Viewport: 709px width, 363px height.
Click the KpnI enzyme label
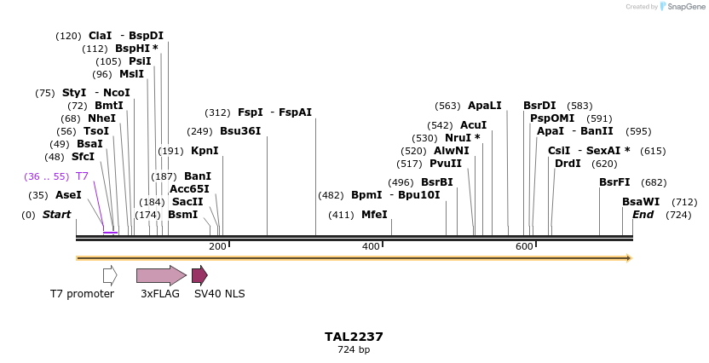tap(205, 151)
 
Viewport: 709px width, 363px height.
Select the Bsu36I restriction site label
tap(240, 131)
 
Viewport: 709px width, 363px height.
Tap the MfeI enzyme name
tap(374, 215)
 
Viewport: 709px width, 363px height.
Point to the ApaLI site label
tap(485, 106)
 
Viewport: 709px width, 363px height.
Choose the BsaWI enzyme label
tap(641, 202)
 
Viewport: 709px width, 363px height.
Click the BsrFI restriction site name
tap(614, 182)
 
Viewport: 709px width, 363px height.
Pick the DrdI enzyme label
tap(568, 164)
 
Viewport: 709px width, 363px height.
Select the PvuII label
tap(446, 164)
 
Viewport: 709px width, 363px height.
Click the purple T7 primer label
tap(82, 176)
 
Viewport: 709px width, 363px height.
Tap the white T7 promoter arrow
tap(110, 275)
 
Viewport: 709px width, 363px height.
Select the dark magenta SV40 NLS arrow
tap(199, 275)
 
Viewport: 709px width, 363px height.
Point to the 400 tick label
tap(371, 246)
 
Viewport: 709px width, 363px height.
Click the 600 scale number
tap(524, 246)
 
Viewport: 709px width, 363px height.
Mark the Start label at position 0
tap(56, 215)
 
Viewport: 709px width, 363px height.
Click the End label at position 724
tap(643, 215)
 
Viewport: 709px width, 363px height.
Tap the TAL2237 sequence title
tap(354, 337)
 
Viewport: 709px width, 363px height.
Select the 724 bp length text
tap(354, 349)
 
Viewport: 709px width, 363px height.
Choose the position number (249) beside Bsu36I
tap(199, 131)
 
